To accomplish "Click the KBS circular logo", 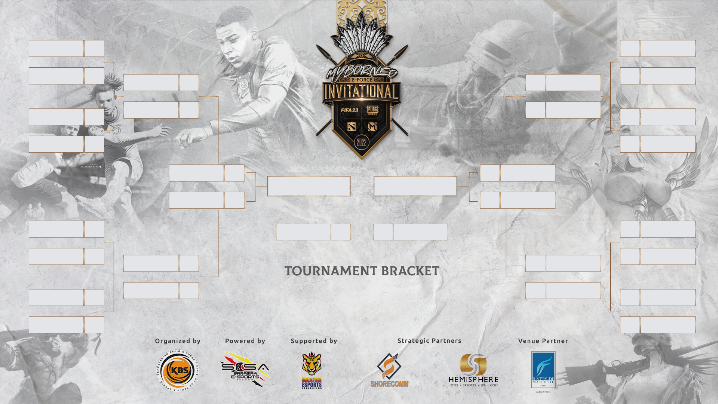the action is pos(177,371).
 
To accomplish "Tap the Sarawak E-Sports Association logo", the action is pos(245,370).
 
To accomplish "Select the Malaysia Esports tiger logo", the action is pos(312,370).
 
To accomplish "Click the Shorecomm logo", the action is pos(389,370).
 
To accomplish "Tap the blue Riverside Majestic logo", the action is pos(543,370).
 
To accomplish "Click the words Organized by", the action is pos(178,341).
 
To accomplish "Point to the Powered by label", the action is pos(245,341).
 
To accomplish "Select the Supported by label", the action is pos(314,341).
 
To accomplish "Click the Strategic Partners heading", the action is pos(429,340).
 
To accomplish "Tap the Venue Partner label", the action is pos(543,341).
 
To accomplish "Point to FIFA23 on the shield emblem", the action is pos(349,110).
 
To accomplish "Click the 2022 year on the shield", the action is pos(362,142).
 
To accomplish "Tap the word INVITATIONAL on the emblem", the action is pos(361,92).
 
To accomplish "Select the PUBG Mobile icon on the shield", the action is pos(372,110).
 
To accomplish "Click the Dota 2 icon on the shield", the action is pos(352,127).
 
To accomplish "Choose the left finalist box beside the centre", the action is pos(309,186).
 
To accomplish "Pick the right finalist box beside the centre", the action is pos(415,186).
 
